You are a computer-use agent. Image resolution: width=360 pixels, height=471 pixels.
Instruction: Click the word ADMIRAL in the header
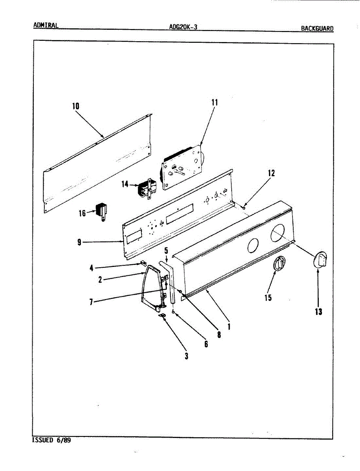[46, 26]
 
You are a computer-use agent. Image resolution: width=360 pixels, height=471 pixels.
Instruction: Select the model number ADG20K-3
[183, 27]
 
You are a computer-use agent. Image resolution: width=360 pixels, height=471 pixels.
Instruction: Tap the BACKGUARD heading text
[317, 28]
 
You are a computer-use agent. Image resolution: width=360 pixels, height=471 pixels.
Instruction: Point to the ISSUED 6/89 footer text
[51, 440]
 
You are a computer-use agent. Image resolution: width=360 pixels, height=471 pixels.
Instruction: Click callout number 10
[75, 106]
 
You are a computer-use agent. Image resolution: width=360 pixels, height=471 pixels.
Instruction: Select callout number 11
[214, 102]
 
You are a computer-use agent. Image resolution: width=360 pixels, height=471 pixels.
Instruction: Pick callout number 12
[271, 173]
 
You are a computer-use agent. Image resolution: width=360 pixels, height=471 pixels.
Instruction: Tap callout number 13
[318, 312]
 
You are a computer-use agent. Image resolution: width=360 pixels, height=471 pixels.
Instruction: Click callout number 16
[82, 213]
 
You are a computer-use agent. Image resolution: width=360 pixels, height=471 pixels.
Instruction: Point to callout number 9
[79, 242]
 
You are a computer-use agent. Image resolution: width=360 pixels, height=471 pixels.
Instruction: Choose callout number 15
[268, 298]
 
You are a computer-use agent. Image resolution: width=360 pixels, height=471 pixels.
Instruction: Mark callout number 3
[186, 356]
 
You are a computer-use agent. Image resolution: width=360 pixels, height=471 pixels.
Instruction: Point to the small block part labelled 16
[103, 211]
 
